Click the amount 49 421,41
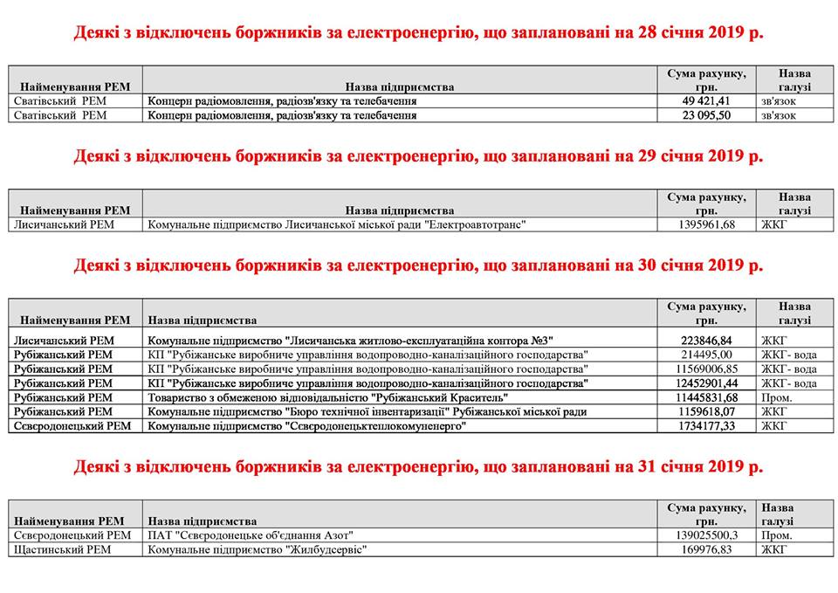706,100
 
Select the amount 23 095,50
706,114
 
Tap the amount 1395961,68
706,224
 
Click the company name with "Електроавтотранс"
340,224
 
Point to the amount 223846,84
706,340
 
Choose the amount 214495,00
706,355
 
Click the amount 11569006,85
706,369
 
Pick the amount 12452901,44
706,383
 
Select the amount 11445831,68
706,397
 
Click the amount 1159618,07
706,411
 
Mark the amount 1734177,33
706,425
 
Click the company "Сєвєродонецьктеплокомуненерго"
306,425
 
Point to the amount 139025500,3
706,534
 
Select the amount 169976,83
706,549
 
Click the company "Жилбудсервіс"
258,549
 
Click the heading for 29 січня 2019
418,157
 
